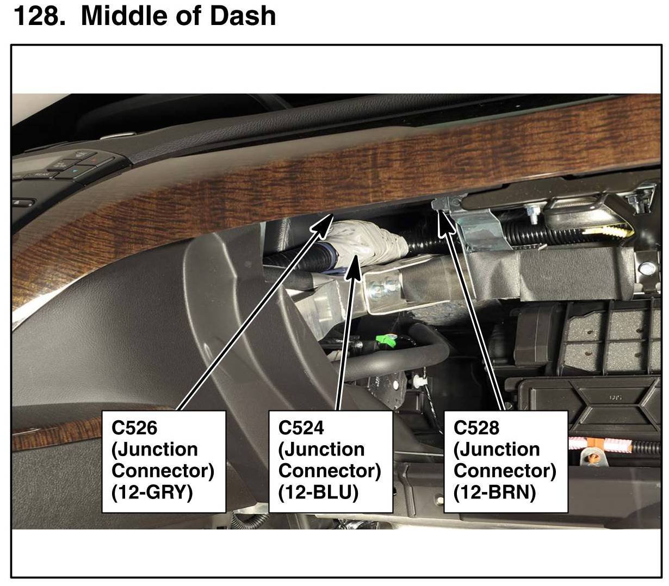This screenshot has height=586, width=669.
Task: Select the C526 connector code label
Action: [134, 428]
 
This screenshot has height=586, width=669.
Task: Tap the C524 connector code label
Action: [301, 428]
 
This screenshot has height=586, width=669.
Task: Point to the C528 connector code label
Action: [476, 428]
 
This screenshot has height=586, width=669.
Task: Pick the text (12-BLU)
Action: [318, 492]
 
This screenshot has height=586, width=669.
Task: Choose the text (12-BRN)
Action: [494, 492]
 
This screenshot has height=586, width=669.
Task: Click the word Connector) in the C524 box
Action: [330, 471]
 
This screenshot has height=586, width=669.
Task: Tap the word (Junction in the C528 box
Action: [497, 450]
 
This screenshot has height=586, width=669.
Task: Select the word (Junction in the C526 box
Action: [154, 450]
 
